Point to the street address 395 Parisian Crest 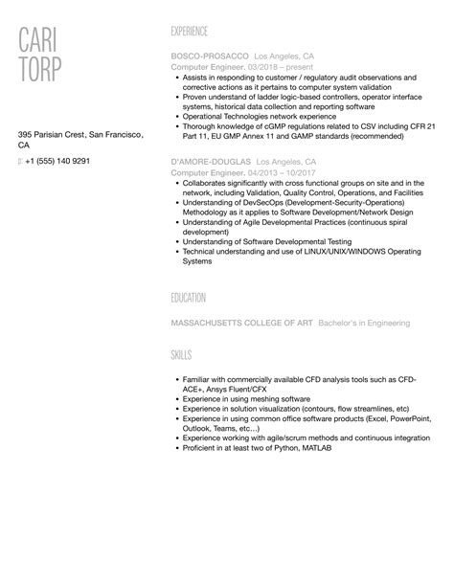pos(59,134)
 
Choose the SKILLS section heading pos(180,355)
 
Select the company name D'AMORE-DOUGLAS pos(211,163)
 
